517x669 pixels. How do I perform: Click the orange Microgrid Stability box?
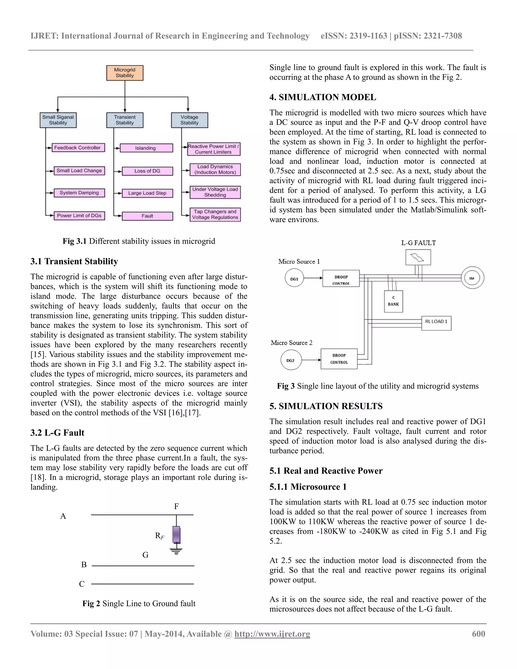point(125,73)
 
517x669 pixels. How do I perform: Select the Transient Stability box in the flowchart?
point(125,120)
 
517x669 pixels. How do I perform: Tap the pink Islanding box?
point(146,148)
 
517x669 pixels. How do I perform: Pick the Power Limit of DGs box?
point(79,216)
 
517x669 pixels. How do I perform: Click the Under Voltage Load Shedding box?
point(215,192)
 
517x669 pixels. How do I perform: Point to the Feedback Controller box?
point(78,148)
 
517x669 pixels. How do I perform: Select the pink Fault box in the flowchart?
point(147,216)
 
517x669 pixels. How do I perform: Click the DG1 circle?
point(294,278)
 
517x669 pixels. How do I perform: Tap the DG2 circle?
point(291,360)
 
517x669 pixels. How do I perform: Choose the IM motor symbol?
point(472,278)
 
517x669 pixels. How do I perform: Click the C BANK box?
point(393,301)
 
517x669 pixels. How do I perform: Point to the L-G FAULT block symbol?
point(418,257)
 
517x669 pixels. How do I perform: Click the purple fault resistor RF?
point(176,534)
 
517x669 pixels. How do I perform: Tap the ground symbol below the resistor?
point(176,551)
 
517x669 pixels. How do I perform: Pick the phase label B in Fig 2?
point(84,564)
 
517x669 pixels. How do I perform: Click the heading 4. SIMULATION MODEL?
point(323,97)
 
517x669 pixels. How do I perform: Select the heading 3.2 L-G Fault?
point(57,433)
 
